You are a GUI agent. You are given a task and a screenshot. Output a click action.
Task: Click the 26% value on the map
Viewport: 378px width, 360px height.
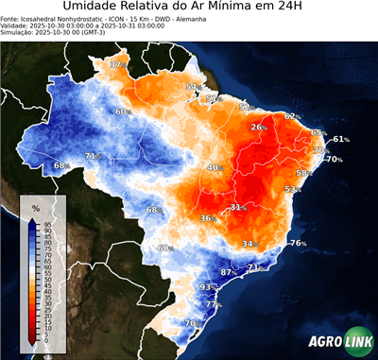tap(259, 127)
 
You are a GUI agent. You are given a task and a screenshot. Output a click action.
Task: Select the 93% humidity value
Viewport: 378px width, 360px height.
tap(208, 286)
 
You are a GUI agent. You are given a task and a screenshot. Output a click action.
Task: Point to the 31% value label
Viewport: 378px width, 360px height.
tap(237, 207)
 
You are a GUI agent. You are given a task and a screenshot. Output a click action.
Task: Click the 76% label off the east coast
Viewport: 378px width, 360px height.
tap(298, 244)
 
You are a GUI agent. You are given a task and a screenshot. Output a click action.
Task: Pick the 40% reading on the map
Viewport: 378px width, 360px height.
tap(215, 167)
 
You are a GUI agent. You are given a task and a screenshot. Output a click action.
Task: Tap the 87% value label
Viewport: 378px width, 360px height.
tap(228, 272)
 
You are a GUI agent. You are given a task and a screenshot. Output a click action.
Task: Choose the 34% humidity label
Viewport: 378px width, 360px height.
tap(249, 244)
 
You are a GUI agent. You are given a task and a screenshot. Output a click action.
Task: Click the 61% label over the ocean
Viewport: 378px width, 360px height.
tap(340, 139)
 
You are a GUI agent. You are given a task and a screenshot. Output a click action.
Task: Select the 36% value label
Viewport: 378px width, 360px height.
tap(207, 218)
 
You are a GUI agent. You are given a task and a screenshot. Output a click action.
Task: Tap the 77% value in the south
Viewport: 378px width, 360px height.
tap(214, 304)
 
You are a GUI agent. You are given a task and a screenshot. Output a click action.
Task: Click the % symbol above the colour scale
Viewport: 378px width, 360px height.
tap(36, 207)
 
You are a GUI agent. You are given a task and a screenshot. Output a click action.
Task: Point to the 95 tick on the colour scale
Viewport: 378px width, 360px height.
tap(46, 222)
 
